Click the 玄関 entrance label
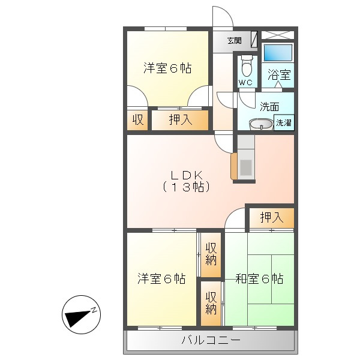click(235, 41)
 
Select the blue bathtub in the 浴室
click(278, 53)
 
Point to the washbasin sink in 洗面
click(261, 124)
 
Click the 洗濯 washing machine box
click(284, 122)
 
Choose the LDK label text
click(186, 175)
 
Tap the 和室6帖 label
click(259, 279)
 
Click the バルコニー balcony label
click(211, 340)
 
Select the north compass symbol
click(81, 314)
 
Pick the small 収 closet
click(138, 120)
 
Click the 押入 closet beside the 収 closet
click(180, 120)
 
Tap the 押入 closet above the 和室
click(271, 217)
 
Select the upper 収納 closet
click(211, 254)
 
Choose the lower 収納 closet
click(211, 303)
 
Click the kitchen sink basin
click(246, 167)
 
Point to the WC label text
click(245, 82)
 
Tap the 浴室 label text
click(279, 74)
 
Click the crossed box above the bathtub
click(278, 35)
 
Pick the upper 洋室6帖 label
click(167, 68)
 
